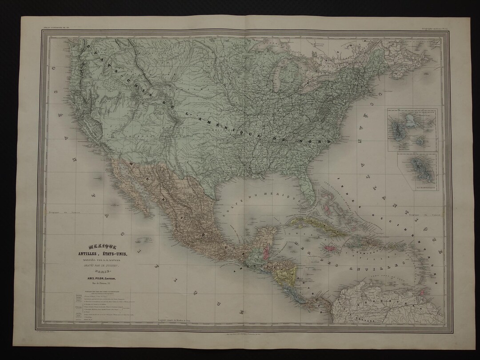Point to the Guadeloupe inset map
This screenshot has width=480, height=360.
pyautogui.click(x=411, y=129)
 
